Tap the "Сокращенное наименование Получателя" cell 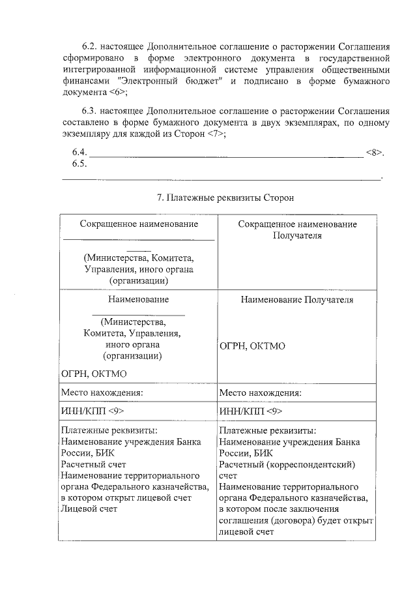coord(297,229)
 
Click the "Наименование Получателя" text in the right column coord(297,300)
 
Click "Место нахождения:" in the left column coord(102,393)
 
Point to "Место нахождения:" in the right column coord(261,393)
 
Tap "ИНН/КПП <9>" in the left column coord(91,411)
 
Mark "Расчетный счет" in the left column coord(93,464)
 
